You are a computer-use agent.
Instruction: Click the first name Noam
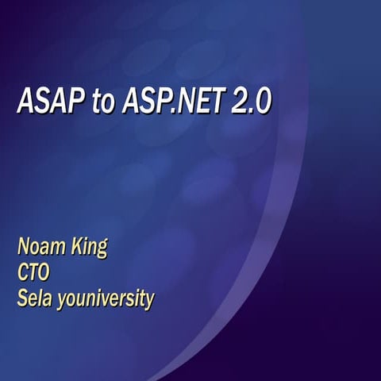click(40, 245)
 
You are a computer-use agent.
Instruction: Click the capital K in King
click(75, 245)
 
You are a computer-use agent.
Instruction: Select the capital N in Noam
click(24, 245)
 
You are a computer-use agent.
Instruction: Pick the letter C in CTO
click(24, 273)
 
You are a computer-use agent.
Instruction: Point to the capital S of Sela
click(22, 300)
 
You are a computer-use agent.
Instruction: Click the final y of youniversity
click(148, 303)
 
